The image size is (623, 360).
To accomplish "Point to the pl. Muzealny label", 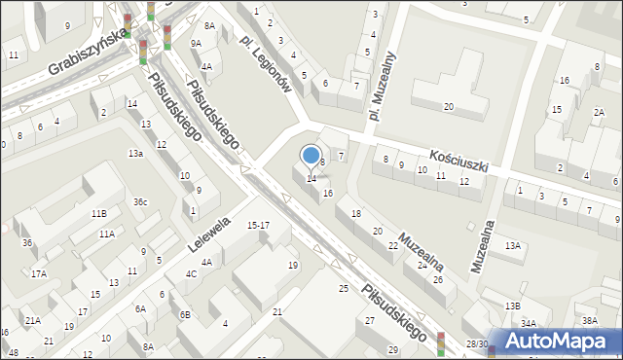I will click(382, 85).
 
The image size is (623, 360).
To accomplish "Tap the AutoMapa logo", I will click(563, 341).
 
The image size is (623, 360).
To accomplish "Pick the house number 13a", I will click(136, 153).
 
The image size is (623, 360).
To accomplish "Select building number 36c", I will click(141, 201).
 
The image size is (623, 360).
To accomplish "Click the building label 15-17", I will click(258, 226).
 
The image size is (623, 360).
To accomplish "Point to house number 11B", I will click(98, 213).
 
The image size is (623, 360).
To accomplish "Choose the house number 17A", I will click(39, 273).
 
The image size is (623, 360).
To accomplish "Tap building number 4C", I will click(192, 273).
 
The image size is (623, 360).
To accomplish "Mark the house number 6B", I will click(184, 314).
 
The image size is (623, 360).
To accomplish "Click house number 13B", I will click(512, 306).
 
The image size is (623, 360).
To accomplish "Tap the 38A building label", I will click(589, 320).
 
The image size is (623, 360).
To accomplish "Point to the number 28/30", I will click(477, 343).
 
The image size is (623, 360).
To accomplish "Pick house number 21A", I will click(33, 320).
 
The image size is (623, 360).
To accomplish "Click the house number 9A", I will click(197, 43).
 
